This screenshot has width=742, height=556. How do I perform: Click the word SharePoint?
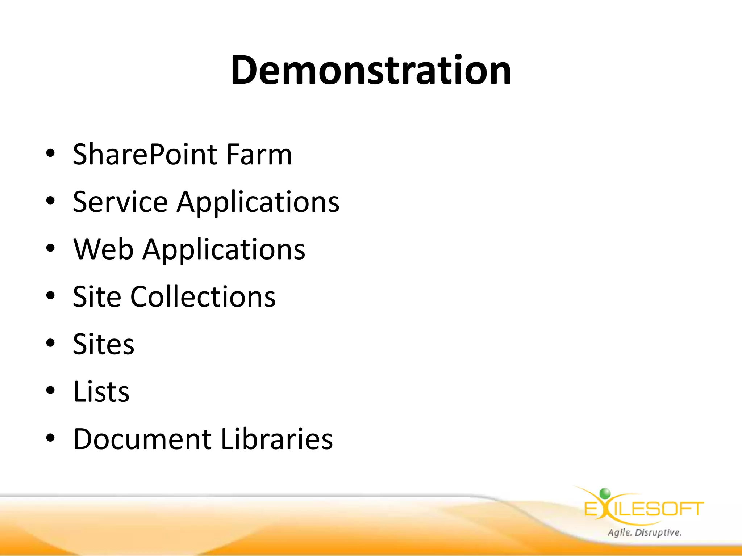(145, 155)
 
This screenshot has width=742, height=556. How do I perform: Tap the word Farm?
(259, 155)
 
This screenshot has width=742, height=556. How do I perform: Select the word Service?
(120, 202)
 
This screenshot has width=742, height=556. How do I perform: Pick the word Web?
(103, 249)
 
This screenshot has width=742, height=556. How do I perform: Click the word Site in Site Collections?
(97, 297)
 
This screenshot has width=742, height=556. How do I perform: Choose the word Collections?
(203, 297)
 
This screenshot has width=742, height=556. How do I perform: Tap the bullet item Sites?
(103, 344)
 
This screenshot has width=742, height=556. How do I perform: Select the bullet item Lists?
(101, 392)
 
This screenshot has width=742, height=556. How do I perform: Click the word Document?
(142, 439)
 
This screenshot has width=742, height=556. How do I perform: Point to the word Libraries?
(277, 439)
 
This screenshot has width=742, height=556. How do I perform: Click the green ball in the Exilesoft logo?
(605, 493)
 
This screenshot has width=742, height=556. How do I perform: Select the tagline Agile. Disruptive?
(645, 532)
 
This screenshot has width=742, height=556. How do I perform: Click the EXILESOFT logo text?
(644, 509)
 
